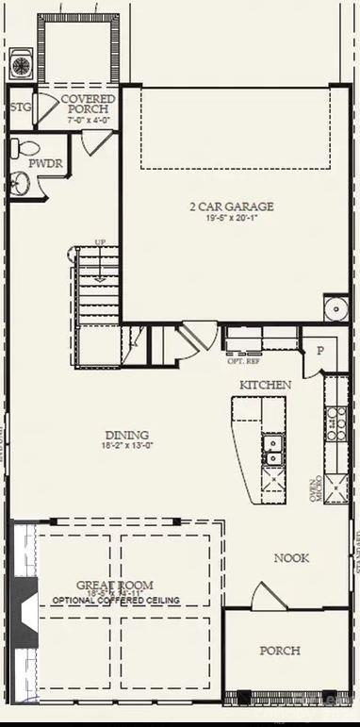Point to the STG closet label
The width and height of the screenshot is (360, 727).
(x=21, y=107)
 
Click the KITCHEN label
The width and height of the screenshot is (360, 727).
(x=265, y=385)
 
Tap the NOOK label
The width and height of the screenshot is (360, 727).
(x=291, y=558)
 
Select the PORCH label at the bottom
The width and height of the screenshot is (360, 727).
(x=280, y=651)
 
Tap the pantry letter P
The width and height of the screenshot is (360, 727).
(x=319, y=350)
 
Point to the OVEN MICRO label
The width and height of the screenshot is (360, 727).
(x=316, y=488)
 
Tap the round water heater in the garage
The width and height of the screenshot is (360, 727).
(x=335, y=308)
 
